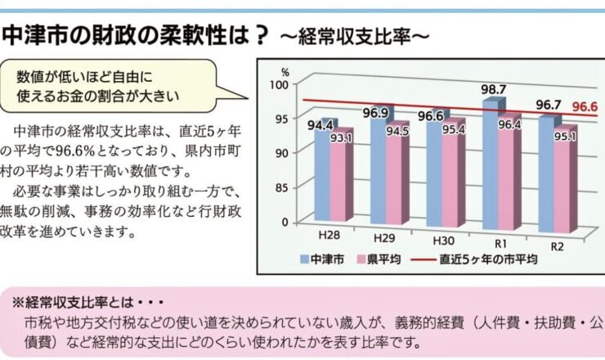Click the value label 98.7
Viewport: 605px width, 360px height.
pyautogui.click(x=495, y=88)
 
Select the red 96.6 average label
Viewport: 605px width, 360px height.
pyautogui.click(x=585, y=106)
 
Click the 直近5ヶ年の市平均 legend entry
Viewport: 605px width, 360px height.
pyautogui.click(x=487, y=260)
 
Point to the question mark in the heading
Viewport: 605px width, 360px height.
pyautogui.click(x=260, y=36)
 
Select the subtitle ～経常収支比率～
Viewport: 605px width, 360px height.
pyautogui.click(x=353, y=38)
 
